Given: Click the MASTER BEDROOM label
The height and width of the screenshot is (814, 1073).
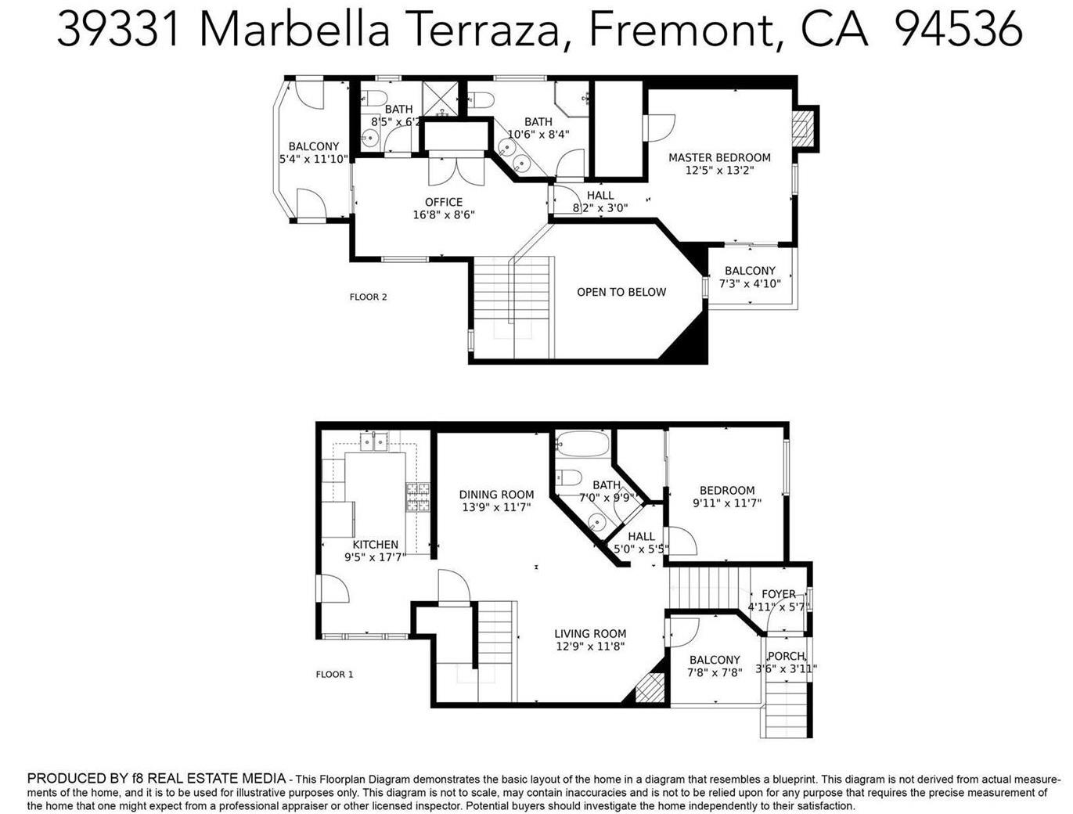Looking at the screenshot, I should coord(719,157).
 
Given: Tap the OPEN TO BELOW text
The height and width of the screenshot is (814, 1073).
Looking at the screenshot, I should coord(621,292).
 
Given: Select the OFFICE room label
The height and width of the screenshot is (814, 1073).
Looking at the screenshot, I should coord(444,202).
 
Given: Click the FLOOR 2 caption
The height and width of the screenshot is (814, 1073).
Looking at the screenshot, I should coord(368,297).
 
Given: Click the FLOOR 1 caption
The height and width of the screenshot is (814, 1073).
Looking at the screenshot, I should coord(334,674).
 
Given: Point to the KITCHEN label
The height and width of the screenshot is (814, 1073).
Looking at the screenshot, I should coord(375,545).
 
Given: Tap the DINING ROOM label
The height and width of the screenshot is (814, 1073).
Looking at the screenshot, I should coord(496,494).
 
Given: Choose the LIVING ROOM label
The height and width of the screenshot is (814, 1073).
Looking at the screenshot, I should coord(590,634).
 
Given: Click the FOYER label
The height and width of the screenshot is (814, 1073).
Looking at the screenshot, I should coord(778,594).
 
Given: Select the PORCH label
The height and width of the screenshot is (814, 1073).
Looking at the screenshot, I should coord(786,656).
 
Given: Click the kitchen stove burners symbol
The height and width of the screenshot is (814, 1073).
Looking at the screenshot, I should coord(417,497).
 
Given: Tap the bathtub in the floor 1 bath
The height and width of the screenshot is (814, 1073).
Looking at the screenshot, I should coord(582,445).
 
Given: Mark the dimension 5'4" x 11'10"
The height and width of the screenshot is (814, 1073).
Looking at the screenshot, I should coord(313,159).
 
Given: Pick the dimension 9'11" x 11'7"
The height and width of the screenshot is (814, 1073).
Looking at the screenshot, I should coord(727,503).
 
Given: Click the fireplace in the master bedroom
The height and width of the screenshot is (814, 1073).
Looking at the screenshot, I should coord(803,128).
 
